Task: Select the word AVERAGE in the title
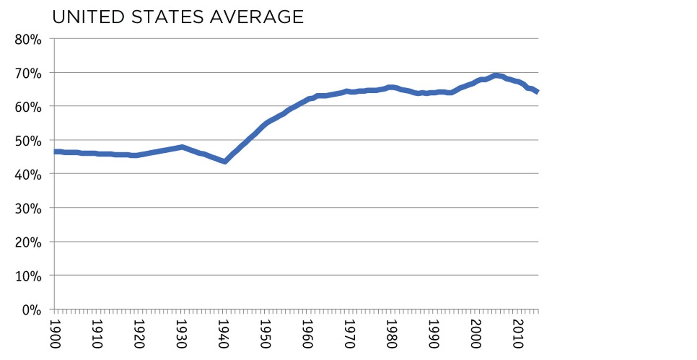(x=257, y=17)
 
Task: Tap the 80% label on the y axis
(x=28, y=39)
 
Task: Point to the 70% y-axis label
(x=28, y=73)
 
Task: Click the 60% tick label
(x=28, y=106)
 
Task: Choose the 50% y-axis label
(x=28, y=140)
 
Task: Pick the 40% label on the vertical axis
(x=28, y=174)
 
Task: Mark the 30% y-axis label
(x=28, y=208)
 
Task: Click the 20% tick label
(x=28, y=242)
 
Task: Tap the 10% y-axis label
(x=28, y=276)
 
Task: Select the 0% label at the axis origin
(x=32, y=310)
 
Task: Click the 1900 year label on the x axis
(x=56, y=334)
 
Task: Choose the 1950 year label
(x=266, y=334)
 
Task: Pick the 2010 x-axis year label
(x=517, y=334)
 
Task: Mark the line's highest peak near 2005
(x=496, y=75)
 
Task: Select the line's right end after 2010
(x=537, y=92)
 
